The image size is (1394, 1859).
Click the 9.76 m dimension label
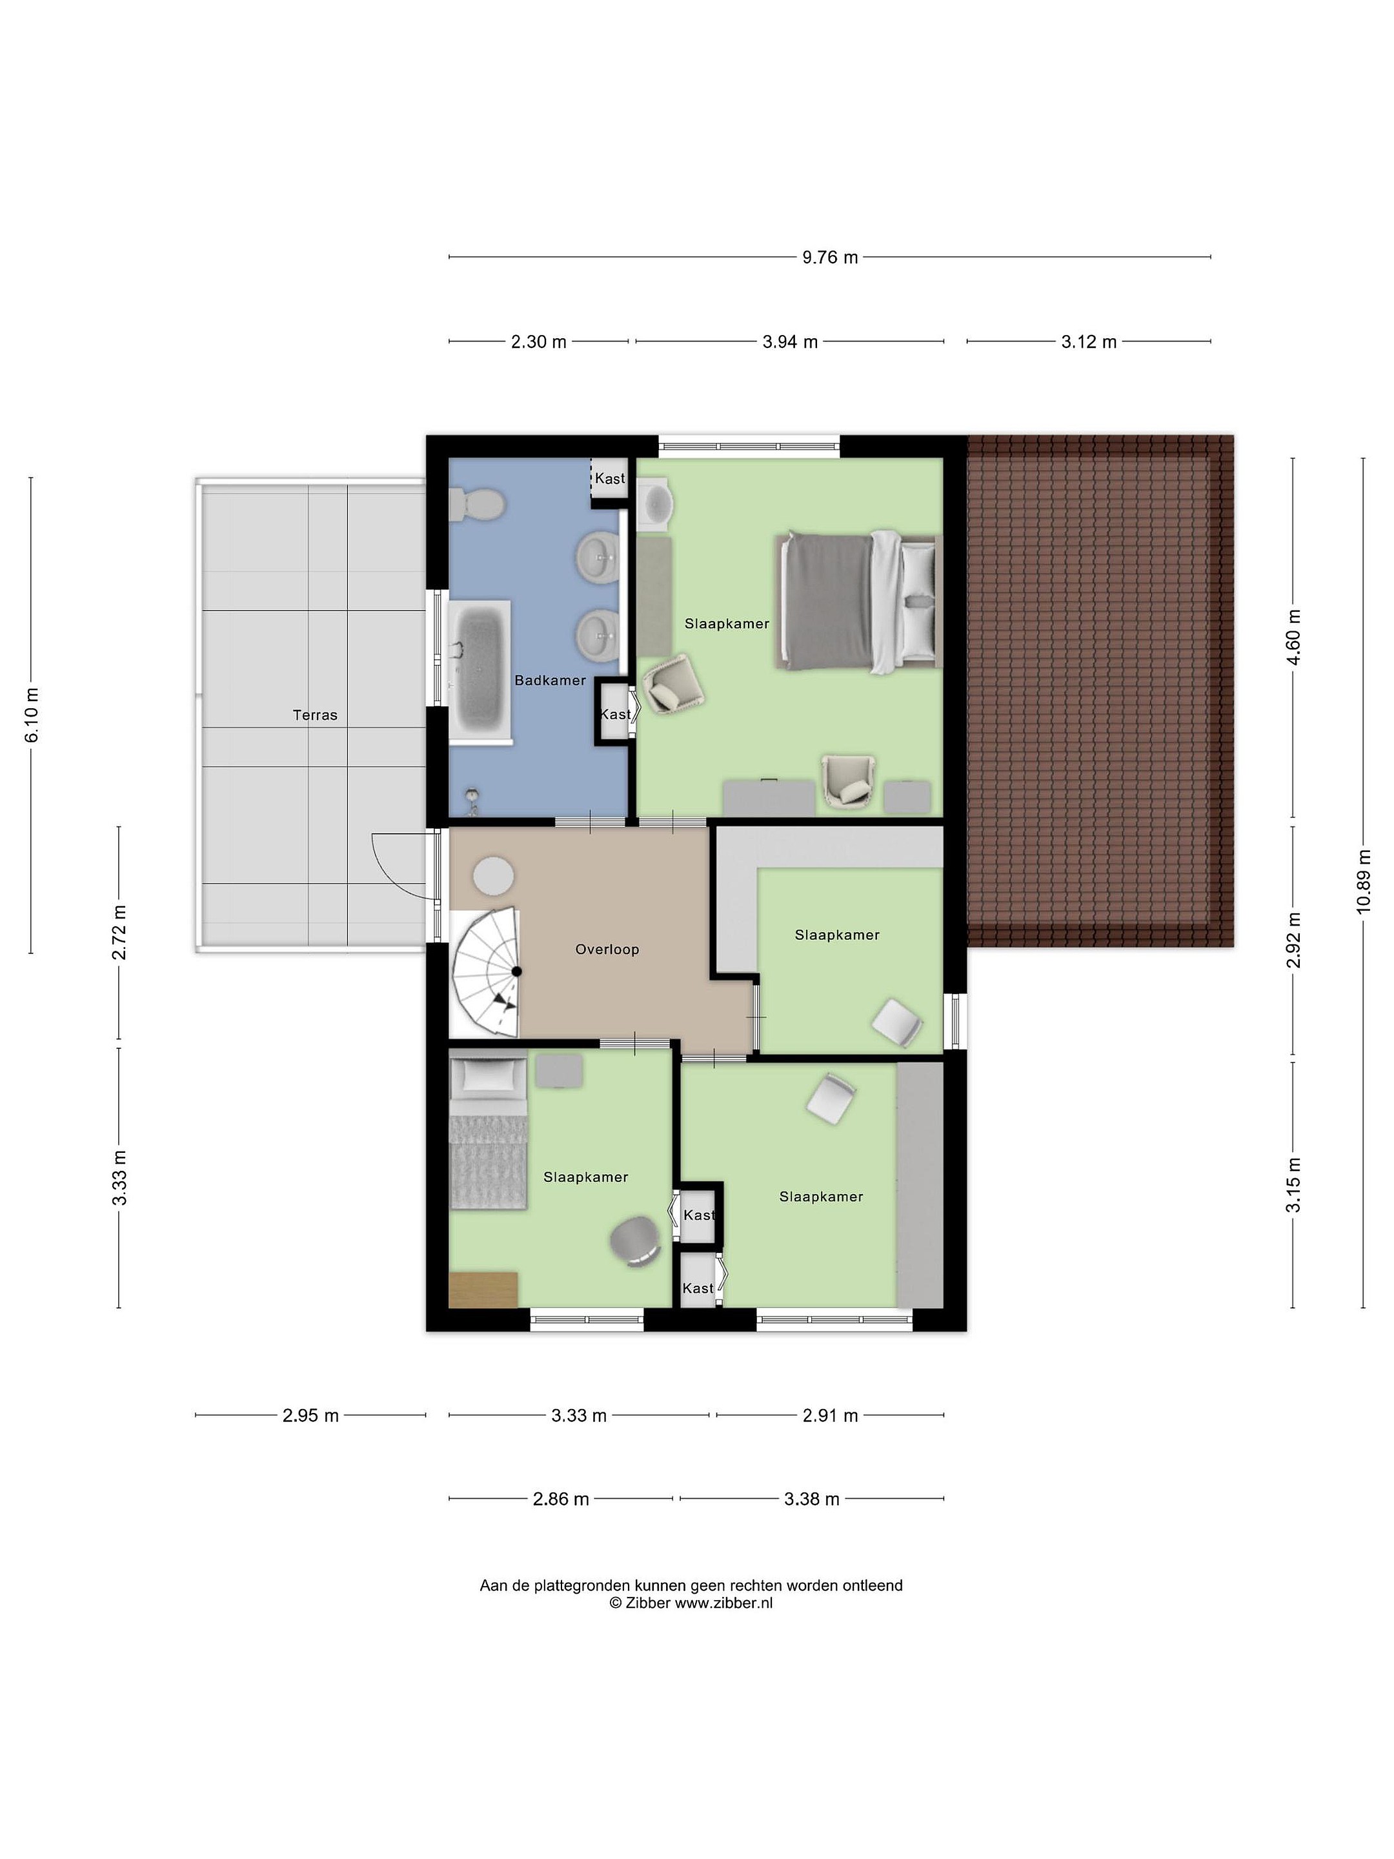pyautogui.click(x=829, y=257)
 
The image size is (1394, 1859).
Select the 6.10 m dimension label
pyautogui.click(x=31, y=715)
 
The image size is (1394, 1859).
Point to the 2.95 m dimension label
pyautogui.click(x=310, y=1416)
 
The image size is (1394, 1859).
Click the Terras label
pyautogui.click(x=315, y=715)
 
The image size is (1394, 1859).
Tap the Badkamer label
pyautogui.click(x=551, y=680)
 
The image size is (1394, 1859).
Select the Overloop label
pyautogui.click(x=607, y=949)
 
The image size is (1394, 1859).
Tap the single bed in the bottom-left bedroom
pyautogui.click(x=488, y=1133)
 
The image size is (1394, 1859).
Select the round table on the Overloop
pyautogui.click(x=493, y=877)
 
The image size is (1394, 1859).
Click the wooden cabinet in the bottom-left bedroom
pyautogui.click(x=483, y=1289)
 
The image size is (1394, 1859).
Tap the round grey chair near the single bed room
pyautogui.click(x=635, y=1242)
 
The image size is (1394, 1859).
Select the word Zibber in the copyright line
pyautogui.click(x=647, y=1603)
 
